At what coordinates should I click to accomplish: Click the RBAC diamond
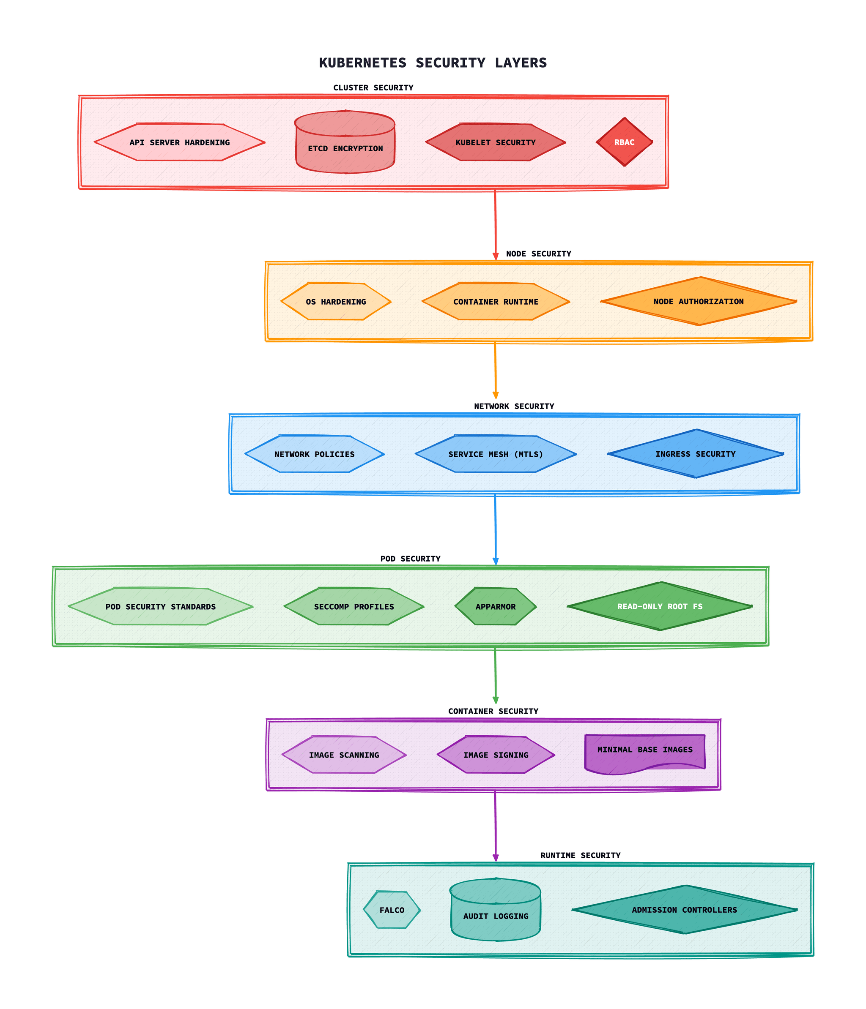pyautogui.click(x=624, y=142)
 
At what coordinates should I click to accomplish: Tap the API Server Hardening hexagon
pyautogui.click(x=179, y=142)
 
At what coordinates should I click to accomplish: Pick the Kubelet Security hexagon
pyautogui.click(x=495, y=142)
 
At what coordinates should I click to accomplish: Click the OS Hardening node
pyautogui.click(x=336, y=301)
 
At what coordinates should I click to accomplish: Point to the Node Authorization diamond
pyautogui.click(x=699, y=301)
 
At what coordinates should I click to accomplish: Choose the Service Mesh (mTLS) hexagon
pyautogui.click(x=495, y=454)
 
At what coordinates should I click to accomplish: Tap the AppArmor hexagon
pyautogui.click(x=495, y=606)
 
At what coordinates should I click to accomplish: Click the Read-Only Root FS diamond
pyautogui.click(x=660, y=606)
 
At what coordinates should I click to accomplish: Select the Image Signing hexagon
pyautogui.click(x=496, y=755)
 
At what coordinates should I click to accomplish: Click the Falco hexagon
pyautogui.click(x=392, y=910)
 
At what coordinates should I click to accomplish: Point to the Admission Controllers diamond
pyautogui.click(x=684, y=910)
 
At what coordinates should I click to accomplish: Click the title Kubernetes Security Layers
pyautogui.click(x=433, y=63)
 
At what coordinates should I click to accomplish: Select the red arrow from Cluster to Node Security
pyautogui.click(x=495, y=224)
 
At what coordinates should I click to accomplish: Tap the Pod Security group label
pyautogui.click(x=410, y=559)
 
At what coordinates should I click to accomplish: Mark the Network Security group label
pyautogui.click(x=514, y=406)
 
